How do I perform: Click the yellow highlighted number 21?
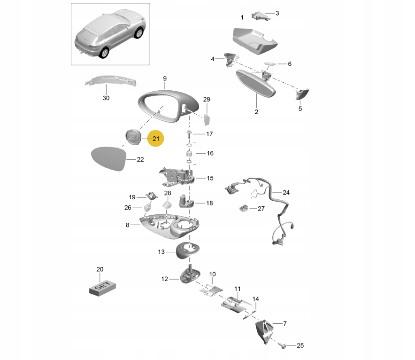pos(155,139)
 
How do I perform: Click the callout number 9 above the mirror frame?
pos(165,78)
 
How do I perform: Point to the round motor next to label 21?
pos(133,137)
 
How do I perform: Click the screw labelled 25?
pos(284,345)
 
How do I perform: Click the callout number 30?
pos(106,98)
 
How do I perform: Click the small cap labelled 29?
pos(206,119)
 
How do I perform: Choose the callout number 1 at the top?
pos(242,18)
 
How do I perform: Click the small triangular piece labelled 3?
pos(257,16)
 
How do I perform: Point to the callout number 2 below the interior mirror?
pos(256,112)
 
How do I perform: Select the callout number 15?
pos(210,178)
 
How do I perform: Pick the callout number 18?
pos(209,203)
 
